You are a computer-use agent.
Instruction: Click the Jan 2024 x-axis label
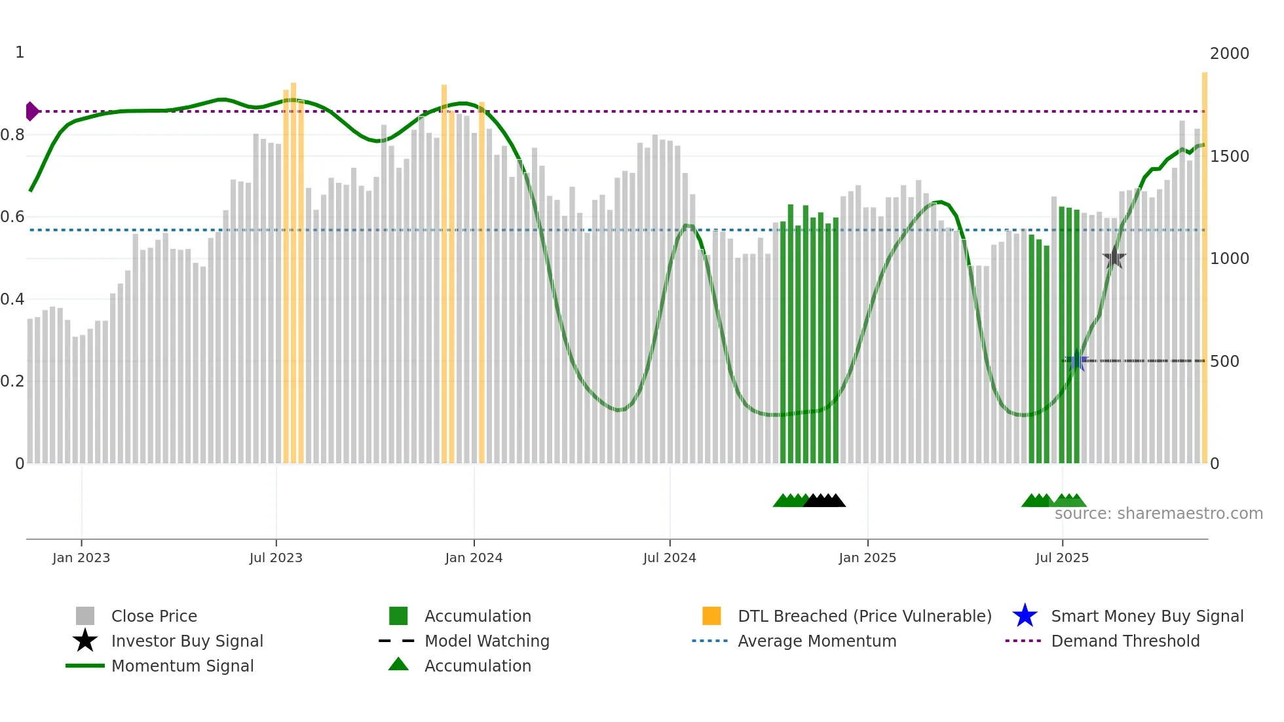[x=474, y=558]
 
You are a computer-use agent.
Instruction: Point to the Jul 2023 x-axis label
[x=276, y=558]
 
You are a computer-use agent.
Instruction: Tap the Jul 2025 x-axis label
[x=1062, y=558]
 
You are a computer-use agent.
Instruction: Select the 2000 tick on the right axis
[x=1229, y=54]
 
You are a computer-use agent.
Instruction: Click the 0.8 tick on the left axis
[x=13, y=135]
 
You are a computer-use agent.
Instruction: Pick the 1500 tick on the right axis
[x=1229, y=157]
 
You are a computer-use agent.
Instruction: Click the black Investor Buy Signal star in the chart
[x=1114, y=257]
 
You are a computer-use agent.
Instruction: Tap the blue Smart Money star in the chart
[x=1076, y=360]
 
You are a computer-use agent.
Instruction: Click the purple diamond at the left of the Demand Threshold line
[x=31, y=111]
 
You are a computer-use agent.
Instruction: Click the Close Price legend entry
[x=154, y=616]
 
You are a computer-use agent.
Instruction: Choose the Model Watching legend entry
[x=487, y=641]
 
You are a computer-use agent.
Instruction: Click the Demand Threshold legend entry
[x=1125, y=641]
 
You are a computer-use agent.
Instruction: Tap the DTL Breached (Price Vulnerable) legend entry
[x=864, y=616]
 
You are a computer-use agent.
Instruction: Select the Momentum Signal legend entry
[x=182, y=666]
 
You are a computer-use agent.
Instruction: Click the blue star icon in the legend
[x=1025, y=616]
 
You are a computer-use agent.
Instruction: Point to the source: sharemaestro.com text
[x=1158, y=514]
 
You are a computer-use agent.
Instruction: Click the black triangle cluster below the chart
[x=825, y=501]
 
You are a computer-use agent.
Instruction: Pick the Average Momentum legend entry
[x=816, y=641]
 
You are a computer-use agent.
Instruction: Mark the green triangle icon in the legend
[x=398, y=664]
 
